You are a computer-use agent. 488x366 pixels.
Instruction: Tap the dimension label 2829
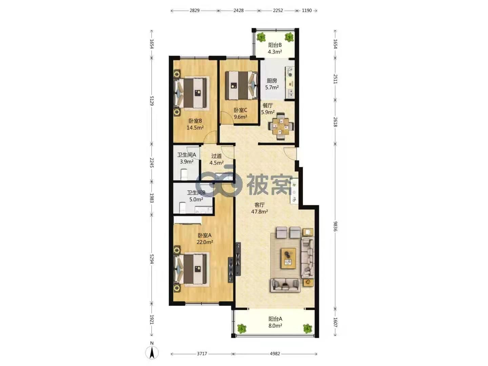[194, 11]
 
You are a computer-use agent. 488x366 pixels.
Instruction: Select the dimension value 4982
[275, 354]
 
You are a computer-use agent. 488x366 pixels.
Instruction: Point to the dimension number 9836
[335, 226]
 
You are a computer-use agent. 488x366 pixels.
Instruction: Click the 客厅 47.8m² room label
[260, 208]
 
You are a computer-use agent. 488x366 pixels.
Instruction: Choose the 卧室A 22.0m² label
[205, 239]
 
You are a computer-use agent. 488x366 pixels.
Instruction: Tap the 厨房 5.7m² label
[272, 84]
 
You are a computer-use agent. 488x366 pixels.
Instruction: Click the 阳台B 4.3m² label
[275, 48]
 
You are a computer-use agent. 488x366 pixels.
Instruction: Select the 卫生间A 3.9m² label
[186, 158]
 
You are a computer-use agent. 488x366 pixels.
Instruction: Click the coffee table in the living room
[289, 258]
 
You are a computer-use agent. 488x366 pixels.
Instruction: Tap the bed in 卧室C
[242, 85]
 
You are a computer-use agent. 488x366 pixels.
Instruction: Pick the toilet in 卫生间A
[184, 174]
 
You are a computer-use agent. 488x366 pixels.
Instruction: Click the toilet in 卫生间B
[182, 207]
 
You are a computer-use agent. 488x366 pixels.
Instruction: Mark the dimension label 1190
[307, 11]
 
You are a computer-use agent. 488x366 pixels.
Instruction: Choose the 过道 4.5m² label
[217, 159]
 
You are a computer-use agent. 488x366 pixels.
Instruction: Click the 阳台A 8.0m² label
[275, 322]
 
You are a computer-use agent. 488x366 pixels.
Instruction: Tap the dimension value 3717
[202, 354]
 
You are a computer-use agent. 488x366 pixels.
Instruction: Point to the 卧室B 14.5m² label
[195, 124]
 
